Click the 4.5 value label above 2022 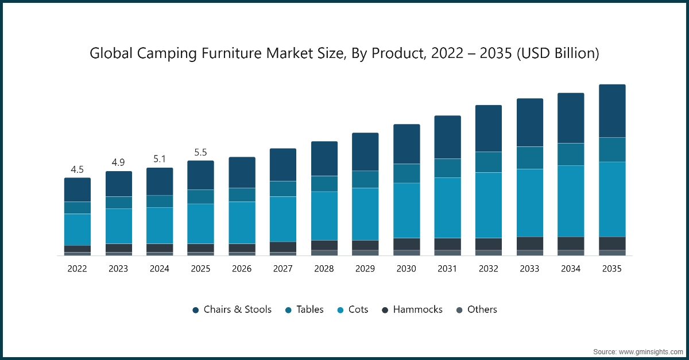(x=77, y=169)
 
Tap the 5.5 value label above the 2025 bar (x=200, y=153)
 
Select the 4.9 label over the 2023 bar (x=118, y=162)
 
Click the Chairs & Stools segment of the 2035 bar (x=611, y=111)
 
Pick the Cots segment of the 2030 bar (x=407, y=210)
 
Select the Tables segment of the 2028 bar (x=324, y=184)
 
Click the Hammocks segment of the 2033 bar (x=530, y=243)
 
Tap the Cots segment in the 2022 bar (x=77, y=230)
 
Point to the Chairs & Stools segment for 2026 (x=242, y=172)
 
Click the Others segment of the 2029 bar (x=365, y=253)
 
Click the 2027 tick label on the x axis (x=283, y=269)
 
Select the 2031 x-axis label (x=447, y=269)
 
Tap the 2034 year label (x=571, y=269)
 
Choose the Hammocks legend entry (x=417, y=309)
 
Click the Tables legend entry (x=309, y=309)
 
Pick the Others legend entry (x=482, y=309)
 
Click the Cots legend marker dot (x=340, y=310)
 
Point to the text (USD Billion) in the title (x=557, y=53)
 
